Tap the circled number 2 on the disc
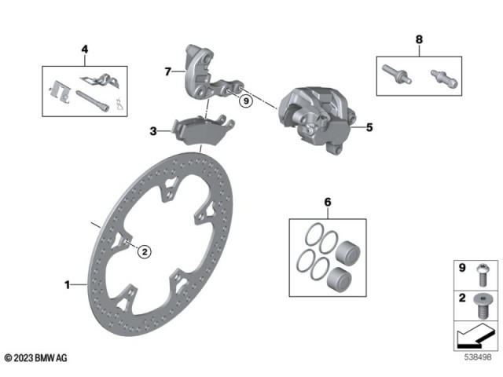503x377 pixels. pyautogui.click(x=144, y=252)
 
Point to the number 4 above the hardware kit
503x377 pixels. pyautogui.click(x=84, y=49)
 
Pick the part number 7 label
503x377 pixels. pyautogui.click(x=167, y=71)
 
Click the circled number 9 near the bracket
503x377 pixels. pyautogui.click(x=246, y=101)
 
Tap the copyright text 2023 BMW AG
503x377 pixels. pyautogui.click(x=35, y=358)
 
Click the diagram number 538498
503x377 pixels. pyautogui.click(x=477, y=358)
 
